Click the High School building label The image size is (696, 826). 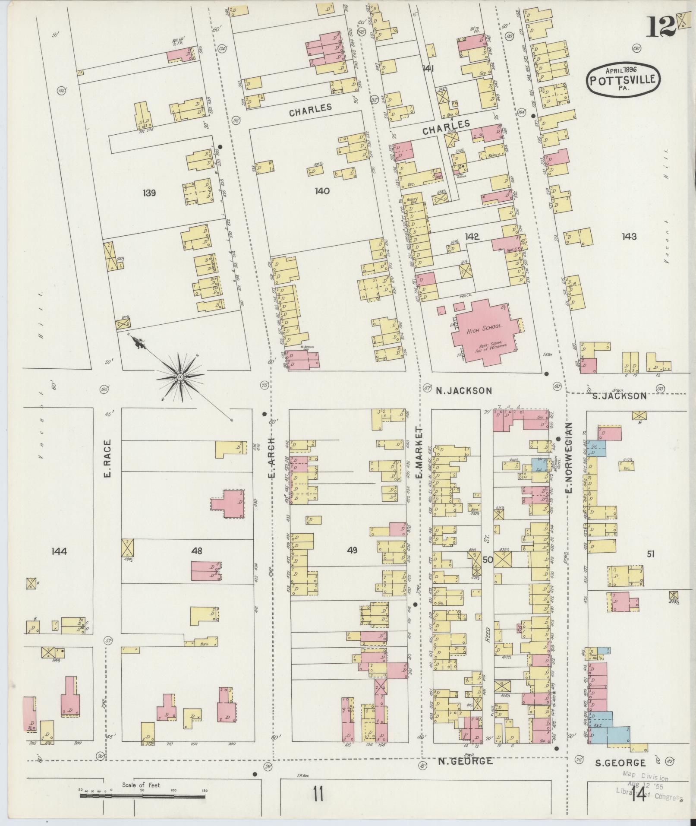[484, 331]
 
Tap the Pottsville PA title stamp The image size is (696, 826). [623, 79]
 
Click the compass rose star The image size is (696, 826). [180, 377]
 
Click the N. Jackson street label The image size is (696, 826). [463, 391]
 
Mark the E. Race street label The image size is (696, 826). [107, 458]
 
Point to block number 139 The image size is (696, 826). [149, 193]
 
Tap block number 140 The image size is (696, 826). [322, 190]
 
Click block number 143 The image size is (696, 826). [629, 236]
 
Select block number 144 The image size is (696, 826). [59, 551]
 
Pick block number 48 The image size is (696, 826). [197, 551]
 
